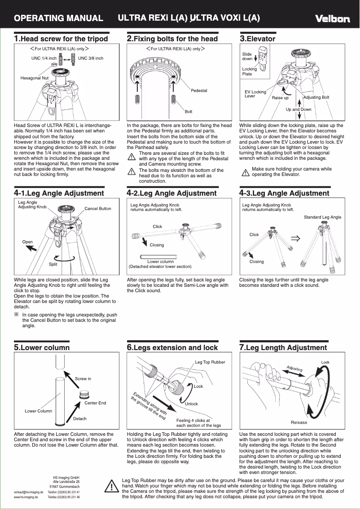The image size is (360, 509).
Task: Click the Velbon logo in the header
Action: (332, 19)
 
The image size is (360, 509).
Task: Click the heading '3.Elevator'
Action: (258, 39)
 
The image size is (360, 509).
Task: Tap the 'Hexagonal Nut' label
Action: (35, 78)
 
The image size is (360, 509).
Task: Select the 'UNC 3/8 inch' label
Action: (91, 58)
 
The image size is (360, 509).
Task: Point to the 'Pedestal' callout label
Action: (199, 91)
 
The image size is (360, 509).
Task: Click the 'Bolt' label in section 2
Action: (189, 112)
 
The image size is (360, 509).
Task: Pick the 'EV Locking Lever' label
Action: (255, 94)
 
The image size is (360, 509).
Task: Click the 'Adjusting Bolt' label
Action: (316, 97)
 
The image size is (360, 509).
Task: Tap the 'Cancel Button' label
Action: (98, 209)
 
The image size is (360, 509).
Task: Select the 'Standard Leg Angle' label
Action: (322, 217)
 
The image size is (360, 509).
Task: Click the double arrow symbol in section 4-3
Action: (295, 238)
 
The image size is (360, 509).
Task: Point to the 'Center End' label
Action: (95, 403)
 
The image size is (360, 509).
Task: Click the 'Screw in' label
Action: (83, 379)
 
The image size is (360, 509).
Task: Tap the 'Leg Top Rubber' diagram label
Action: (210, 362)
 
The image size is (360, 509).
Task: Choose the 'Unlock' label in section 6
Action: (191, 404)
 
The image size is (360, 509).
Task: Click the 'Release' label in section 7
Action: (299, 422)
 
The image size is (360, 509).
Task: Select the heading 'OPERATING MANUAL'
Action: (59, 18)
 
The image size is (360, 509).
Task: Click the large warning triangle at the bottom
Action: (110, 487)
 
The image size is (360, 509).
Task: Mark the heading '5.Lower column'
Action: (42, 347)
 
